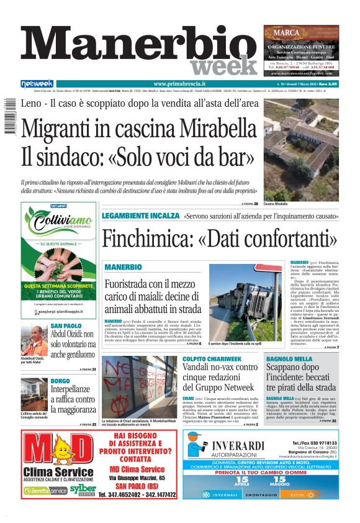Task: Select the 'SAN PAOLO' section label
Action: (x=66, y=325)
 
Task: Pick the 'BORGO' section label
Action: (x=60, y=380)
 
